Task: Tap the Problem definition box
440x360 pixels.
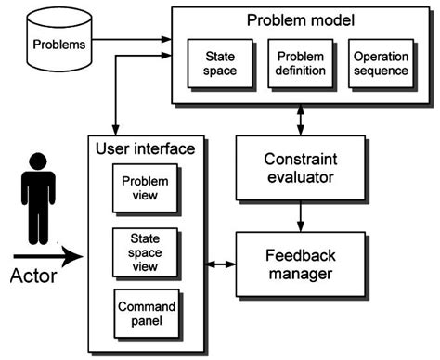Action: pyautogui.click(x=300, y=64)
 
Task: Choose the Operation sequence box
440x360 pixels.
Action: pyautogui.click(x=381, y=64)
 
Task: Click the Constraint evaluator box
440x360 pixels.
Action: pyautogui.click(x=298, y=166)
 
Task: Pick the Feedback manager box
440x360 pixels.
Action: pyautogui.click(x=298, y=264)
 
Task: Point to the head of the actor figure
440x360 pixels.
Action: pyautogui.click(x=37, y=161)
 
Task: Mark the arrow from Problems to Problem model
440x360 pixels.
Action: pyautogui.click(x=135, y=40)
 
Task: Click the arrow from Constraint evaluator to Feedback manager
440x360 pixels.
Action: pyautogui.click(x=298, y=216)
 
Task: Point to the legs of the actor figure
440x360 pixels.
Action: pyautogui.click(x=37, y=223)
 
